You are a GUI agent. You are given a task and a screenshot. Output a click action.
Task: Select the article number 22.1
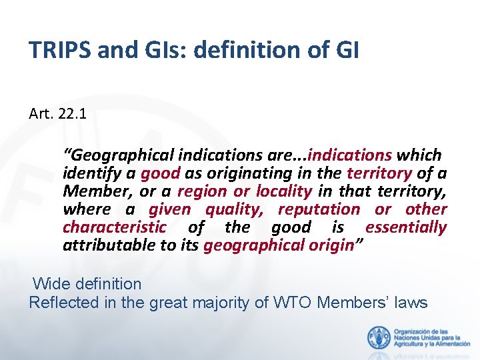[72, 115]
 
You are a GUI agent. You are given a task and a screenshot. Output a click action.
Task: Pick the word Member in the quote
[96, 191]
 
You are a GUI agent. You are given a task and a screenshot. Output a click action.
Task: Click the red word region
[201, 191]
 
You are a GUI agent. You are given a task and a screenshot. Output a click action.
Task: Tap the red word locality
[284, 191]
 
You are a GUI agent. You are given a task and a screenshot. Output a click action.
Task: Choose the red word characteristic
[114, 227]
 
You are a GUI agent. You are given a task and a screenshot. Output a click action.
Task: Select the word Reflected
[65, 303]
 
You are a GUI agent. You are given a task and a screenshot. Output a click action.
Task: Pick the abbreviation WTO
[293, 303]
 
